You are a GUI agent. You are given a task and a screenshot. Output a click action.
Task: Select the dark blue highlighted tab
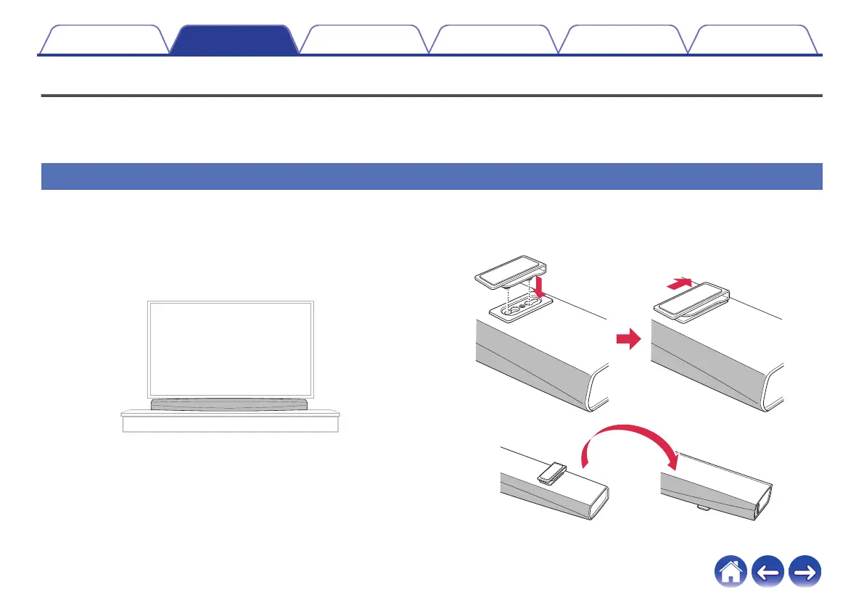point(234,41)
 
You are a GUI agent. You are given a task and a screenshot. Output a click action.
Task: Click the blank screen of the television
point(231,349)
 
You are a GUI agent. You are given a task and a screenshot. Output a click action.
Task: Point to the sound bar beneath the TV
point(231,404)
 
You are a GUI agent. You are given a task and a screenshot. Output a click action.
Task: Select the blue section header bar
point(432,176)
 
